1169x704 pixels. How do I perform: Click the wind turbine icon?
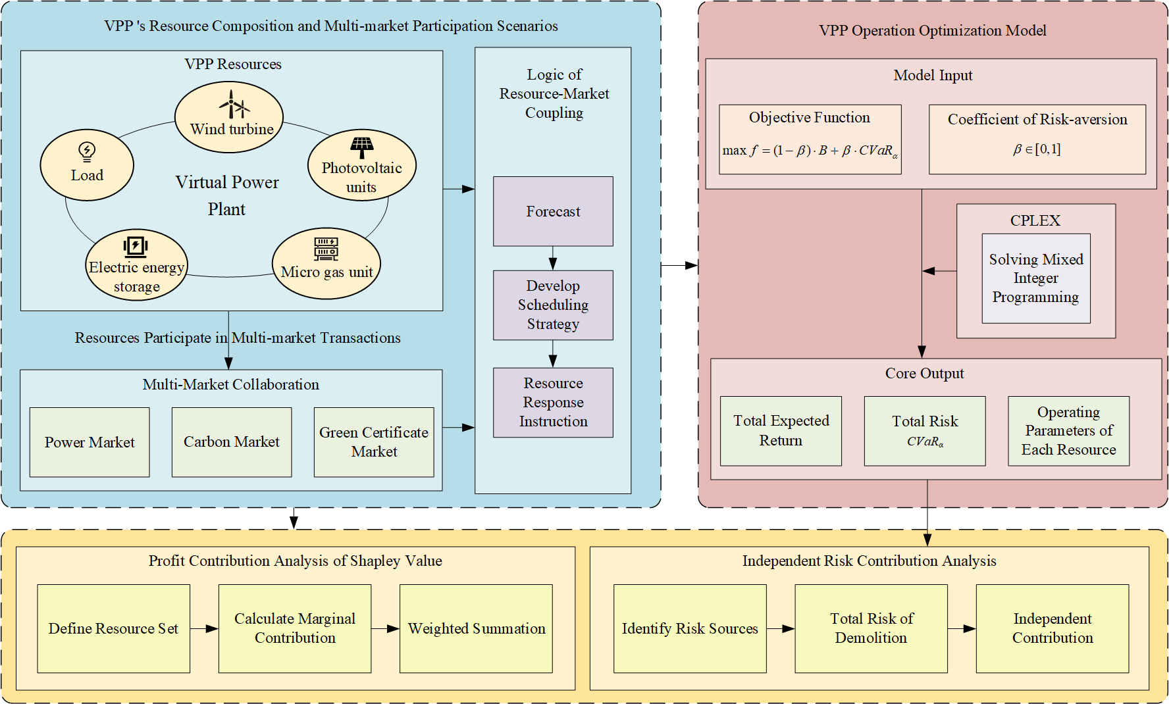pos(234,104)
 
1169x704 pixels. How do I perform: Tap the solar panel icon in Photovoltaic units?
pos(361,147)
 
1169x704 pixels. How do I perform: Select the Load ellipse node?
pos(87,165)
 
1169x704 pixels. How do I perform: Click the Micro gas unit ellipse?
pos(326,264)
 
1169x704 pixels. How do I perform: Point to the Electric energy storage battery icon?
pos(136,246)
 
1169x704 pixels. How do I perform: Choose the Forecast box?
pos(553,211)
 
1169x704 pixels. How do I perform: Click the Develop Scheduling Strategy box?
pos(553,305)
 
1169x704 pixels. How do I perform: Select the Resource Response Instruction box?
pos(553,403)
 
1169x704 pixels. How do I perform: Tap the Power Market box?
pos(90,442)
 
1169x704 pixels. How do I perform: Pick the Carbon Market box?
pos(232,442)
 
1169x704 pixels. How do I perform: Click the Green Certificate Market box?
pos(374,442)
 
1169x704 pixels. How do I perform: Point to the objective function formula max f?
pos(810,151)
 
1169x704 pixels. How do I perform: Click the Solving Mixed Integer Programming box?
pos(1035,278)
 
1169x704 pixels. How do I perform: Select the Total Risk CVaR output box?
pos(925,431)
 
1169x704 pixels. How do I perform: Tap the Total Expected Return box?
pos(781,431)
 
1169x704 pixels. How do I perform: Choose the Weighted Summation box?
pos(476,628)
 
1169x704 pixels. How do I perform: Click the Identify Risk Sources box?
pos(690,628)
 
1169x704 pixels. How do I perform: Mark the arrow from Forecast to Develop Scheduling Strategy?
pos(553,259)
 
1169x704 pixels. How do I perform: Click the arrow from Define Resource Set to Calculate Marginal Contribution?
pos(204,628)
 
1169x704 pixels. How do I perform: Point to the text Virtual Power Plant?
pos(227,195)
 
